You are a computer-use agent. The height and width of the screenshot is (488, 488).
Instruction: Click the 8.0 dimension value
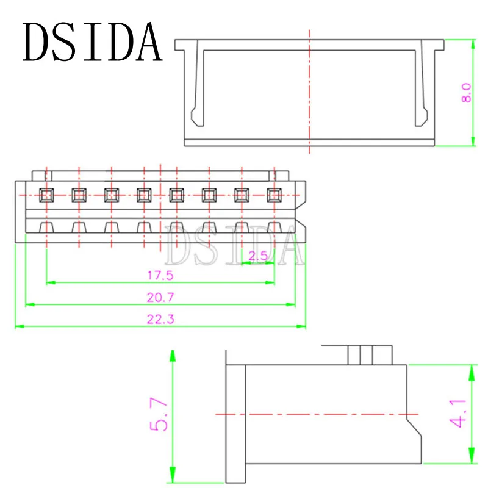(x=466, y=93)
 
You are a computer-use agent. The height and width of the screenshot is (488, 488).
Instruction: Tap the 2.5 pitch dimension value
(x=258, y=256)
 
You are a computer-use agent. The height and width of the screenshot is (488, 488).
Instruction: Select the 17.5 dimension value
(x=160, y=276)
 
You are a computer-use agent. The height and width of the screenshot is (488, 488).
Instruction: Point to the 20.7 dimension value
(x=160, y=298)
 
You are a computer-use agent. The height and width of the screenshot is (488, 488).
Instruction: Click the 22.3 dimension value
(x=160, y=319)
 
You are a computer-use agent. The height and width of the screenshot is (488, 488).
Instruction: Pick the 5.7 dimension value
(x=159, y=414)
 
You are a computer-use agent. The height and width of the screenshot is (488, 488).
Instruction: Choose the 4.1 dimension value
(x=457, y=414)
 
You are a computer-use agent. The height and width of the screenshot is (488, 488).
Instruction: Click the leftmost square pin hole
(x=46, y=195)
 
